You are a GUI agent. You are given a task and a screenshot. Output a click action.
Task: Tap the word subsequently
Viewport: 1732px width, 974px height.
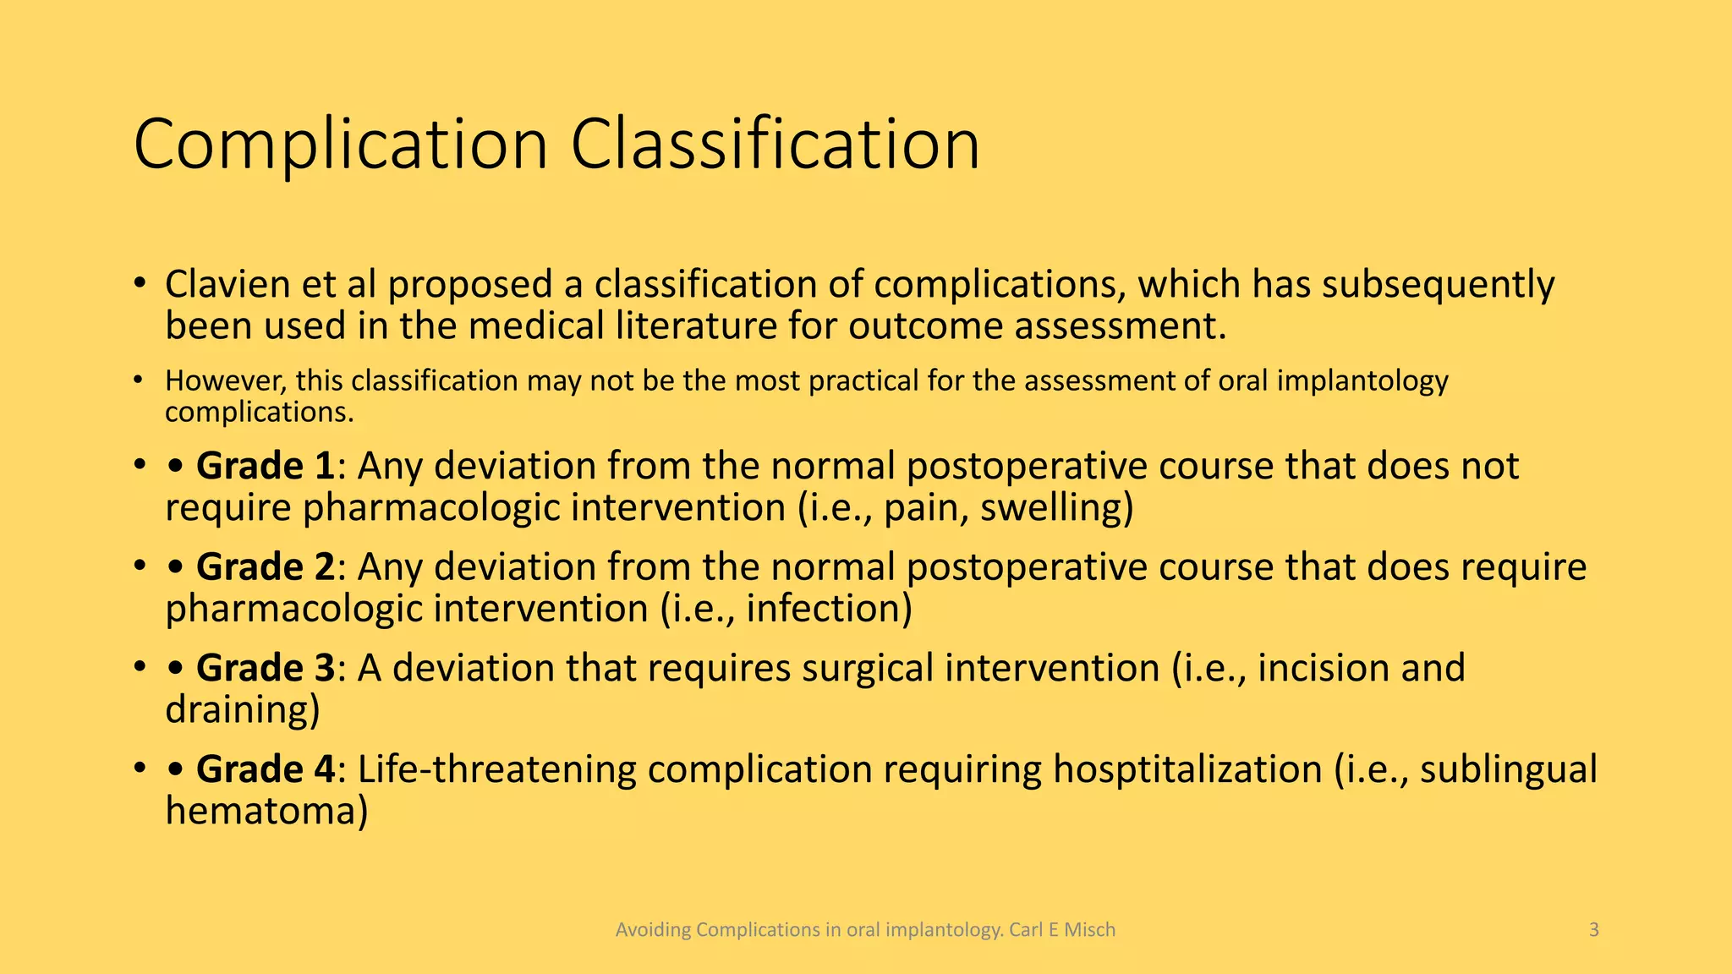[1438, 285]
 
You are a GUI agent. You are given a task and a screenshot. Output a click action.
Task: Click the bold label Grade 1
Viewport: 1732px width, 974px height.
[265, 467]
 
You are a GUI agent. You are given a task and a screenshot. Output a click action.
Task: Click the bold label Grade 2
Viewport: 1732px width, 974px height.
[265, 567]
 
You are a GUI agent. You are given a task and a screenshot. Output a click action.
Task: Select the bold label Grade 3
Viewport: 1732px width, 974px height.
[265, 668]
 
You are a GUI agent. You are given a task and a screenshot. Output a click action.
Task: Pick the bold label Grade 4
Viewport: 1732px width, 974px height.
[265, 769]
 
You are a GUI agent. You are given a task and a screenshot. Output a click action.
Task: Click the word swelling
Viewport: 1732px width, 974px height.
[1055, 508]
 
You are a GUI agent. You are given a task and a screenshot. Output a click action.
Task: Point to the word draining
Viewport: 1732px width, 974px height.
[242, 709]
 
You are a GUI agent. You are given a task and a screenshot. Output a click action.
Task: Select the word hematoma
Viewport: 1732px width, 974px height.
[266, 811]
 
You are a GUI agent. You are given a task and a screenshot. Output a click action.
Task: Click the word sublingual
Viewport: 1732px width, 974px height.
[1508, 769]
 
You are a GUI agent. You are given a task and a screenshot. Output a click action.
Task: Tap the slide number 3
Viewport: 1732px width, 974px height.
[1593, 930]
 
